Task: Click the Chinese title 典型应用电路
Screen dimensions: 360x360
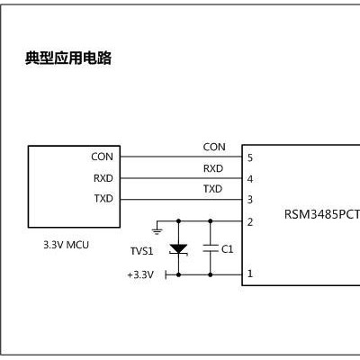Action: click(67, 59)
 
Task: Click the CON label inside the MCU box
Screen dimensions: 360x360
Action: click(102, 157)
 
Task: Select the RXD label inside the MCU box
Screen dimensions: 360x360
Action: click(103, 178)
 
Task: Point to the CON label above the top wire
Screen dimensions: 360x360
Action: click(214, 147)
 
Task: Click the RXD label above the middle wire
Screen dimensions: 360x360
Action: click(212, 168)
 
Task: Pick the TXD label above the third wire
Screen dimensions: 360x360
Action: click(212, 189)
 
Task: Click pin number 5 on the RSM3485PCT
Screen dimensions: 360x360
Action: click(249, 157)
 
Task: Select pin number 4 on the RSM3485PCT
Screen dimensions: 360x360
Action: click(249, 178)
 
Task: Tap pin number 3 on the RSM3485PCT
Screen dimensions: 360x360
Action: click(249, 199)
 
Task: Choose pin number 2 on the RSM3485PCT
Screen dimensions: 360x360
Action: click(249, 221)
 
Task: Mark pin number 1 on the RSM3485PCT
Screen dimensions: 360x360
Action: click(249, 273)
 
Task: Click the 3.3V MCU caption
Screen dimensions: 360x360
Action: click(67, 244)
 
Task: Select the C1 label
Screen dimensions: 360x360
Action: click(227, 248)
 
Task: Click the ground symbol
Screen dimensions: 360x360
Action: click(157, 230)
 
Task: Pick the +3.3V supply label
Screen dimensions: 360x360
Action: click(140, 274)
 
